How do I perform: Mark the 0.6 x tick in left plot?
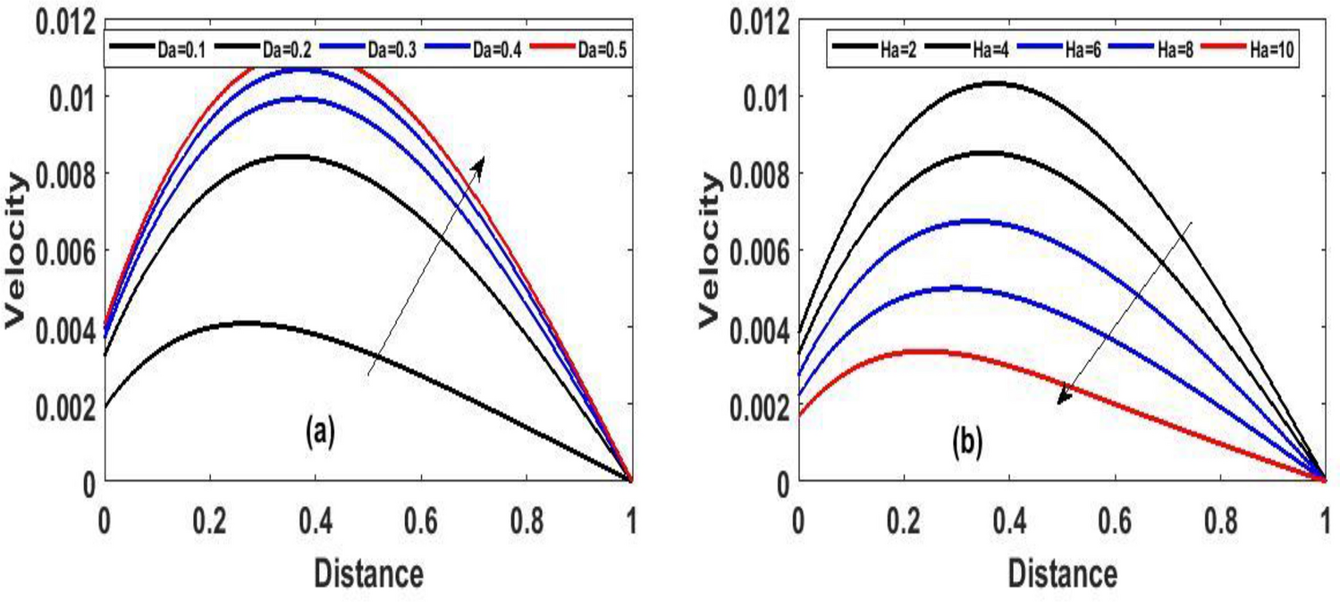click(420, 521)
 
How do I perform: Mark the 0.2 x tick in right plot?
click(903, 521)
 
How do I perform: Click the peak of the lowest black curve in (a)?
click(243, 322)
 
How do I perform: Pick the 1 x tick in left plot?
click(632, 521)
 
